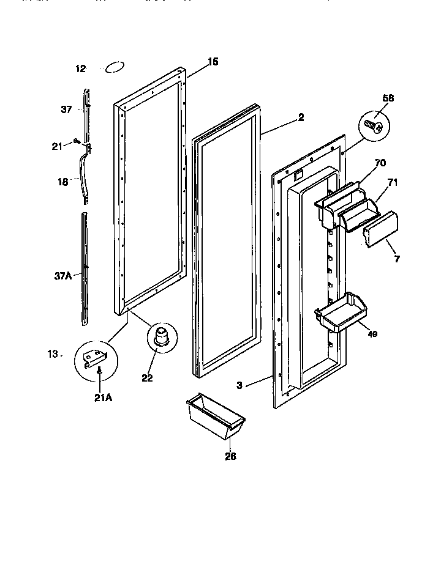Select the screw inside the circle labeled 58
click(x=374, y=127)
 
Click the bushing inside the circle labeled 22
click(x=160, y=338)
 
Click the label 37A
click(x=64, y=275)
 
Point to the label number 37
click(x=66, y=110)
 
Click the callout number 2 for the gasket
click(x=301, y=119)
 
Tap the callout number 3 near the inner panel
click(x=240, y=385)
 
